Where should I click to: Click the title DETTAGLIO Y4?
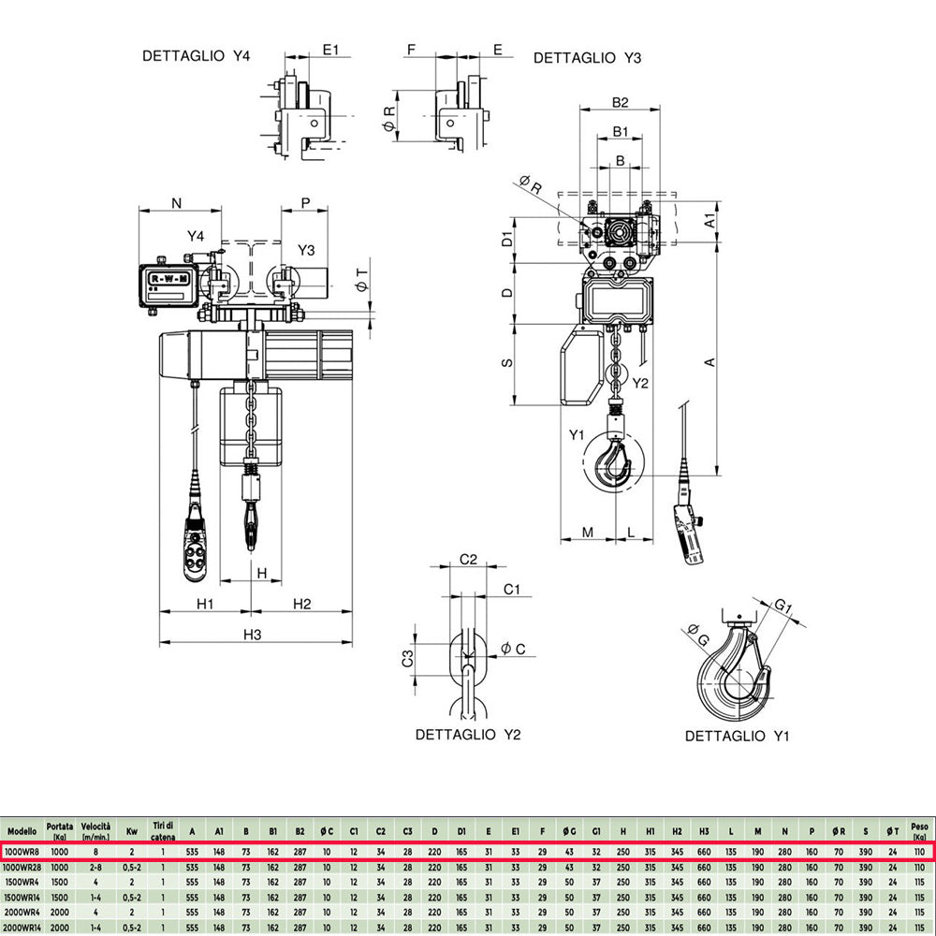pos(197,56)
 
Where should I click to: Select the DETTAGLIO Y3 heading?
pos(587,58)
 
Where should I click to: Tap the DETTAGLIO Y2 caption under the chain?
pos(467,735)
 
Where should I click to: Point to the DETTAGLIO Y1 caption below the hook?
pos(738,737)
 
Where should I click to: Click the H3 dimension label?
pos(252,635)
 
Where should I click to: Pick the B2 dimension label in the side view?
pos(619,102)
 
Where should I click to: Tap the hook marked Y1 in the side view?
pos(616,463)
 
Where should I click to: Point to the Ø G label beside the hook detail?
pos(697,634)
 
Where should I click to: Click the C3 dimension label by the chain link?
pos(408,659)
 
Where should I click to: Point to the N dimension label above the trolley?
pos(176,202)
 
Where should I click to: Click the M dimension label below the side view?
pos(587,532)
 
